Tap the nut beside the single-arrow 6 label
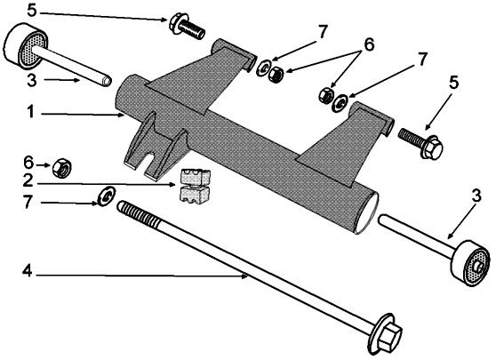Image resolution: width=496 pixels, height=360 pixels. pos(62,164)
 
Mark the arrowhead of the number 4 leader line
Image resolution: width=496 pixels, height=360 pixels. pos(246,276)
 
